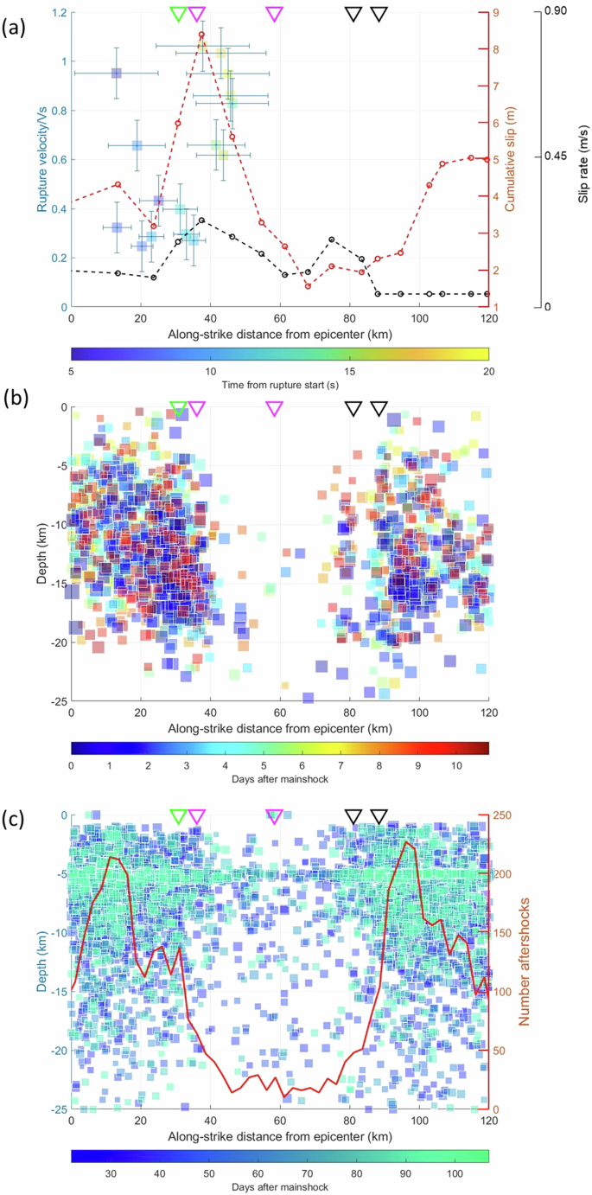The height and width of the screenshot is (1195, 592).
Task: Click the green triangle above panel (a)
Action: click(178, 13)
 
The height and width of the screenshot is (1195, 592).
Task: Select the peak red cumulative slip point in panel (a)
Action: click(201, 35)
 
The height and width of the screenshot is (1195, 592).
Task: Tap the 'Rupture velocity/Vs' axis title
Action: click(41, 160)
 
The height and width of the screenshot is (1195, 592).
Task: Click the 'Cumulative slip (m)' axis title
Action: click(512, 160)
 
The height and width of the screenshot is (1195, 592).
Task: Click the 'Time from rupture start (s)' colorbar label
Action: click(279, 384)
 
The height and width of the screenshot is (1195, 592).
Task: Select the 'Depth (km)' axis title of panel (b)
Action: click(41, 554)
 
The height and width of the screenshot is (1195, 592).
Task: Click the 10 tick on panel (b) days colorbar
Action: click(451, 764)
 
